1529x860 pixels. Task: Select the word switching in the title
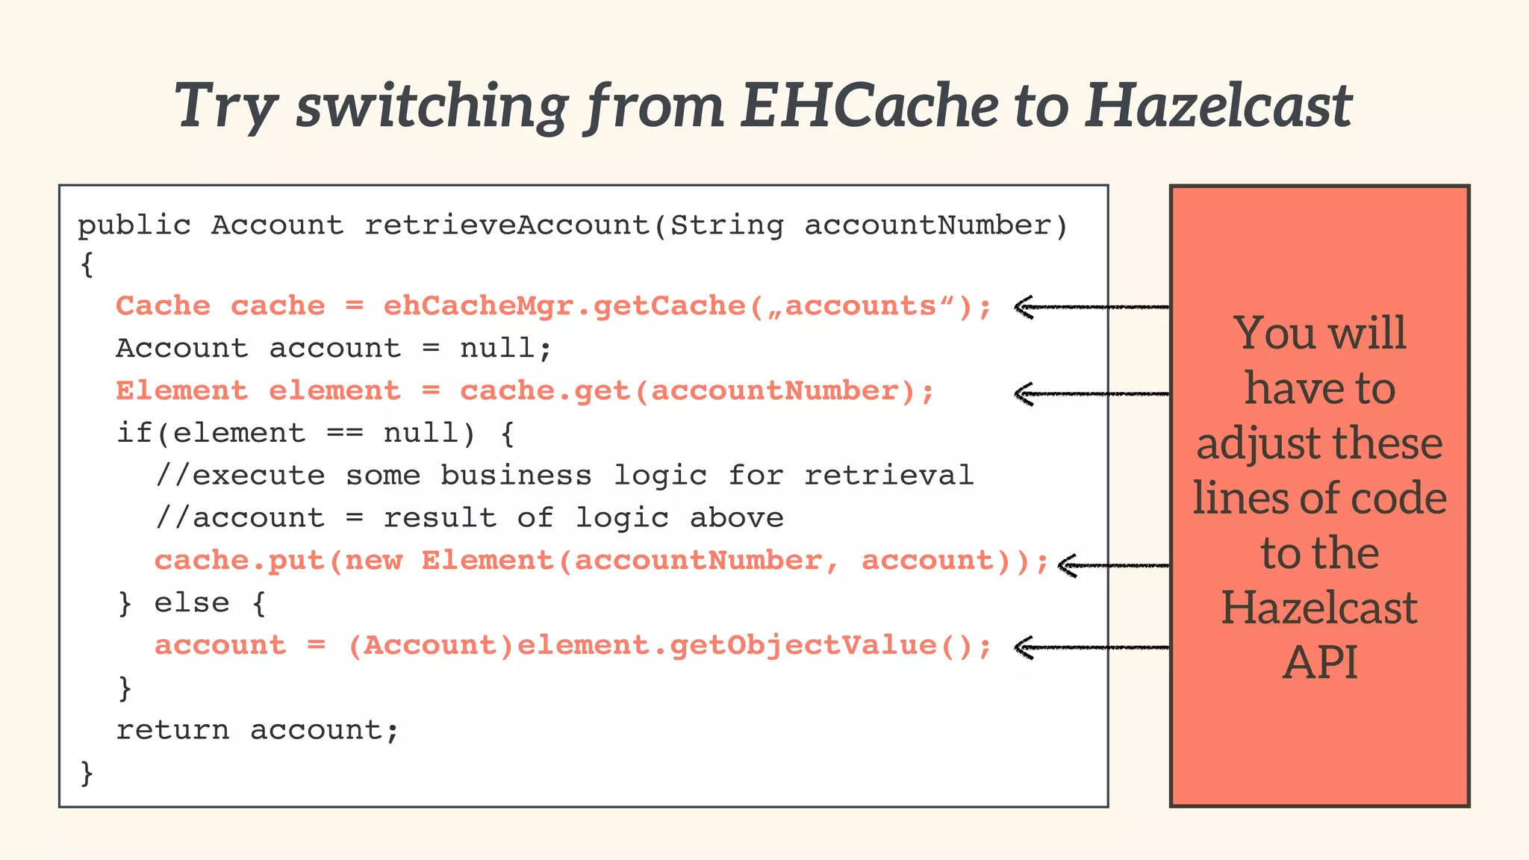pyautogui.click(x=432, y=106)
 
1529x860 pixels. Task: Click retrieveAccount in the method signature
pyautogui.click(x=508, y=225)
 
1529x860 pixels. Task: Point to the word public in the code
pyautogui.click(x=134, y=225)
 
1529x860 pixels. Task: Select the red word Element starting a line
pyautogui.click(x=181, y=390)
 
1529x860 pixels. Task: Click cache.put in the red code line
pyautogui.click(x=240, y=561)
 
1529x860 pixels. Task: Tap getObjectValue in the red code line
pyautogui.click(x=803, y=645)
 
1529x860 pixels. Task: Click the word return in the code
pyautogui.click(x=172, y=729)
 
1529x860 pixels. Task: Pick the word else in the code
pyautogui.click(x=192, y=602)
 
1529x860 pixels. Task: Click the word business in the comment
pyautogui.click(x=515, y=475)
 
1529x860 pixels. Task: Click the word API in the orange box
pyautogui.click(x=1319, y=662)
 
